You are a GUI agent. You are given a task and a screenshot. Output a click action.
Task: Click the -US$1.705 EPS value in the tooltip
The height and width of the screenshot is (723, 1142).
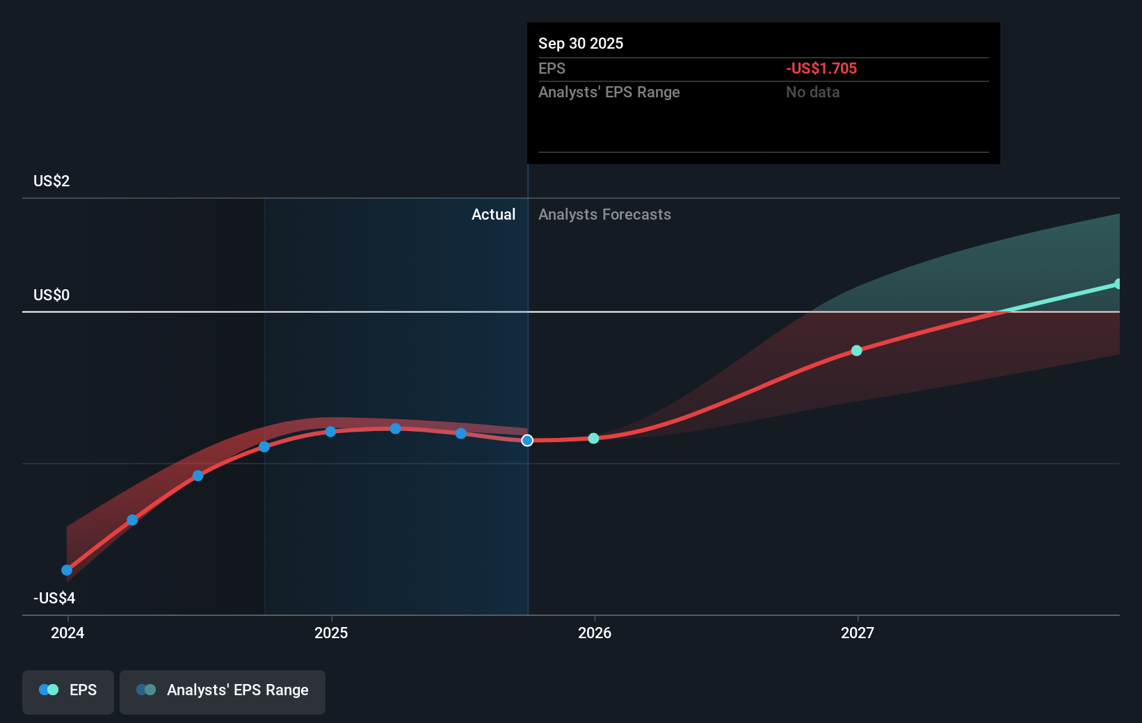pos(821,69)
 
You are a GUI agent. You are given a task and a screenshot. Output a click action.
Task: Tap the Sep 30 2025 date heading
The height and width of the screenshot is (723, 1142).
pos(581,44)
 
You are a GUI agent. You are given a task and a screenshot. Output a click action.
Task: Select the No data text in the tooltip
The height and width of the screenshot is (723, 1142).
pos(812,92)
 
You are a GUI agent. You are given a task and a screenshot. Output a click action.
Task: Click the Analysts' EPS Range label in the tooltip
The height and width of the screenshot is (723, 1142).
pos(609,92)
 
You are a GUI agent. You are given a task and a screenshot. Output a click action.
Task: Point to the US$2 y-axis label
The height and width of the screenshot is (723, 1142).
pos(51,181)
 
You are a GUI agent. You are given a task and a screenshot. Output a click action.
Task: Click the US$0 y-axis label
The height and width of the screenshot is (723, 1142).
pos(51,295)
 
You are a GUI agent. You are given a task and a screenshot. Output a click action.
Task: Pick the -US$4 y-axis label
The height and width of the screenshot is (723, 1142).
pos(54,599)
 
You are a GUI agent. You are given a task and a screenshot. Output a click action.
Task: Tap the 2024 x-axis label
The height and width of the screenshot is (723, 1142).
pos(67,633)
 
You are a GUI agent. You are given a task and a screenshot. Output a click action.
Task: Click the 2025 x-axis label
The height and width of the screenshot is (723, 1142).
pos(331,633)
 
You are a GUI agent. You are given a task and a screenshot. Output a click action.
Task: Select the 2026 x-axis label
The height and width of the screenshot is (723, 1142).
pos(595,633)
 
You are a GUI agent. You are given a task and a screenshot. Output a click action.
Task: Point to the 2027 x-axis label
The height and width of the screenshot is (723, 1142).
pos(858,633)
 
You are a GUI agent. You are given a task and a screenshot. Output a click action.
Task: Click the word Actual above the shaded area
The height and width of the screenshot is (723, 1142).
pos(493,215)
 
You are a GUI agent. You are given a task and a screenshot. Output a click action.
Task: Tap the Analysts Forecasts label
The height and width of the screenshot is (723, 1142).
pos(604,215)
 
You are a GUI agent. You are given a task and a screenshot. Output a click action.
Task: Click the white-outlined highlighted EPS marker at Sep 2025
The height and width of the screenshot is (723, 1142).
pos(527,441)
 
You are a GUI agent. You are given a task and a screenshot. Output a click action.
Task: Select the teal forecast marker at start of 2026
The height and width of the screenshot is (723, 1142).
pos(593,439)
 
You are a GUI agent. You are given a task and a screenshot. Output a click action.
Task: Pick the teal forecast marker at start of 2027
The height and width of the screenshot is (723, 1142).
pos(857,351)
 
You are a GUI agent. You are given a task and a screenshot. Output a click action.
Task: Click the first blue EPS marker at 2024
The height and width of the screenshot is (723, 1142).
pos(67,571)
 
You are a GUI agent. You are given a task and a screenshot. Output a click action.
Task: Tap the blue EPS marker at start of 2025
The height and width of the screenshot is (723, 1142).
pos(330,432)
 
